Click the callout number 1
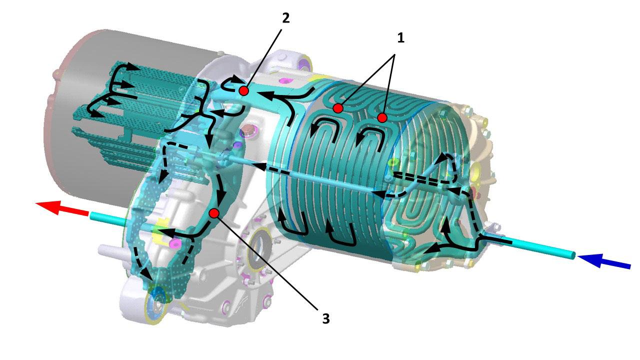(x=401, y=38)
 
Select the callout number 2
(x=285, y=18)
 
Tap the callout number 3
(x=326, y=318)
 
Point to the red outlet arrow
(x=61, y=207)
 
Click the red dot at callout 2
(x=243, y=91)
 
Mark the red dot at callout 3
(x=214, y=213)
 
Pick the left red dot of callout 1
(x=338, y=108)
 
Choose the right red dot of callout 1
(x=382, y=117)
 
